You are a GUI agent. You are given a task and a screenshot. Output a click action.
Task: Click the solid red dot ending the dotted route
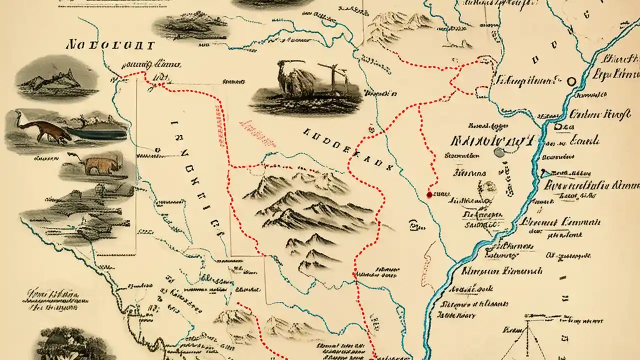(x=429, y=194)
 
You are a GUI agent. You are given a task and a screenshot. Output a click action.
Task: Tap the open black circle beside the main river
(x=571, y=80)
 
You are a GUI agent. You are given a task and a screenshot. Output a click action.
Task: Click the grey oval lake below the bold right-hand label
(x=498, y=152)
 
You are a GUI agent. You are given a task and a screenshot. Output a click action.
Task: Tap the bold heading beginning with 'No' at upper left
(x=110, y=45)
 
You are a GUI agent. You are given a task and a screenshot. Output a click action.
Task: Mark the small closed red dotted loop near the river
(x=481, y=90)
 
